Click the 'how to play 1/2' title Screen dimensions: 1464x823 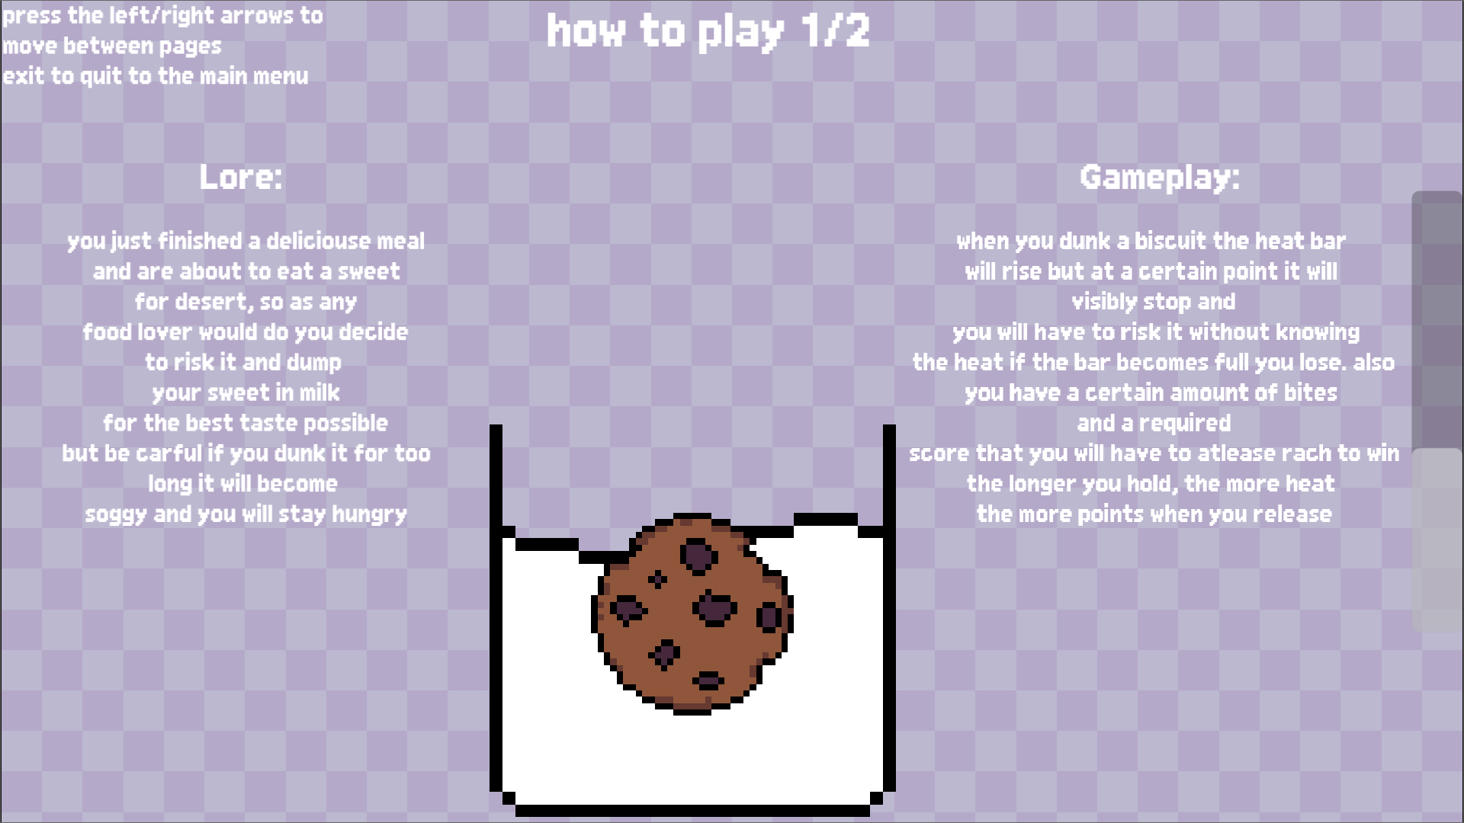pyautogui.click(x=708, y=32)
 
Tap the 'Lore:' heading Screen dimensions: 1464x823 pyautogui.click(x=241, y=177)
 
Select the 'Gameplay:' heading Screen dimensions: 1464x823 pyautogui.click(x=1160, y=178)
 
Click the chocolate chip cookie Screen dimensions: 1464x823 pyautogui.click(x=692, y=613)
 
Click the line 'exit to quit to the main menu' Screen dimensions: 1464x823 pyautogui.click(x=156, y=76)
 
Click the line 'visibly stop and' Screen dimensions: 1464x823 pyautogui.click(x=1154, y=302)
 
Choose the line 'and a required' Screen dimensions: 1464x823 pyautogui.click(x=1154, y=424)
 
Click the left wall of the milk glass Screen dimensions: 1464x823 pyautogui.click(x=496, y=610)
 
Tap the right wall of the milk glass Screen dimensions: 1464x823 pyautogui.click(x=889, y=610)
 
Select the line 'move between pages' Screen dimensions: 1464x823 pyautogui.click(x=112, y=46)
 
